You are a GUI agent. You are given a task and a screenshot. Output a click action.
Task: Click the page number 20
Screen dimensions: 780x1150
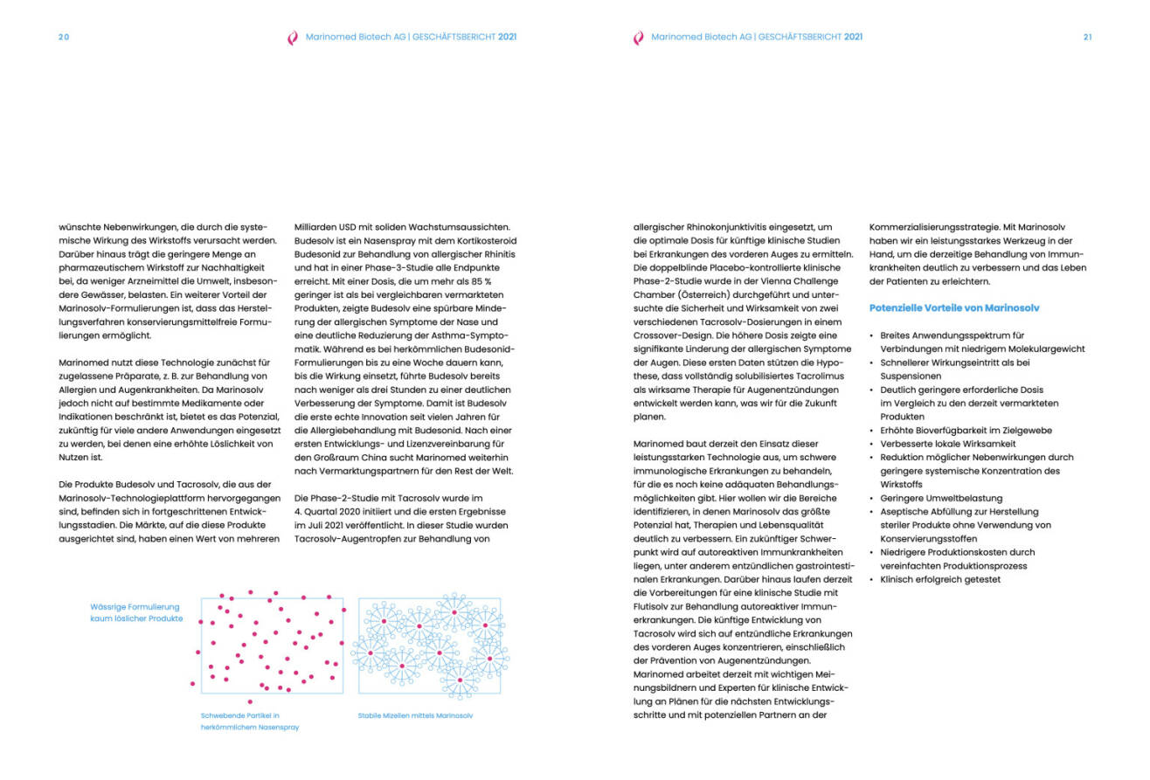(x=64, y=37)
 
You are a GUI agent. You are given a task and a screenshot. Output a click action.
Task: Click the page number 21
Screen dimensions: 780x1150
(x=1087, y=37)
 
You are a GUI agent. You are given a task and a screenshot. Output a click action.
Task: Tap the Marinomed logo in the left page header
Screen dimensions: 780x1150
(x=293, y=38)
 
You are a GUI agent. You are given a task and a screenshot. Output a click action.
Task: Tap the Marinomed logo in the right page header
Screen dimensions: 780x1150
(x=638, y=38)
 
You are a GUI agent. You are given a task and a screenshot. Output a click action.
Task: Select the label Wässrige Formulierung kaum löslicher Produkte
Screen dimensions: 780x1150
(x=136, y=612)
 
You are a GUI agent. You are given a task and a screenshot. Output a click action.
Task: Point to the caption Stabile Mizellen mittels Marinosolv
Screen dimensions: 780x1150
(x=415, y=715)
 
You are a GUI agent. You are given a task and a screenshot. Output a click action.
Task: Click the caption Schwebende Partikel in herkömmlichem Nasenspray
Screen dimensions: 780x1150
(x=250, y=721)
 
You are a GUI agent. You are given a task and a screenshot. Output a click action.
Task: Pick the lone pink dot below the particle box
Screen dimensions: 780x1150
(x=250, y=701)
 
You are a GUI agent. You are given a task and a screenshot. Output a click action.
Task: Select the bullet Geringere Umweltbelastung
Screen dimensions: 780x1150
(x=929, y=498)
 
